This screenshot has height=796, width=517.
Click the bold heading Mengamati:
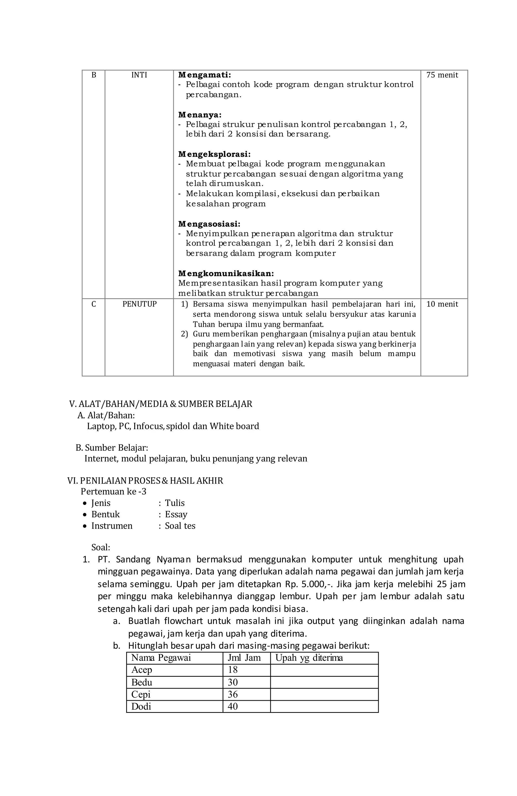[x=204, y=75]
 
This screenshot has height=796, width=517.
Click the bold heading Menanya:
[x=199, y=115]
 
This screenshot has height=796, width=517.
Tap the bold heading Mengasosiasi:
[x=209, y=224]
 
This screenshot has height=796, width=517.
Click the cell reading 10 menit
[x=442, y=304]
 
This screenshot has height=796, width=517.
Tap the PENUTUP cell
[x=139, y=304]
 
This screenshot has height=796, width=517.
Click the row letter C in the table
[x=94, y=304]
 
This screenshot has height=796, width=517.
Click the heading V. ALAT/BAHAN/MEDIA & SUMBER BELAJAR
[x=160, y=404]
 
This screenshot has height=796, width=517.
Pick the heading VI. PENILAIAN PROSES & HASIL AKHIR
[x=145, y=481]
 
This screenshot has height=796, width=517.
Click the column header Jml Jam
[x=244, y=658]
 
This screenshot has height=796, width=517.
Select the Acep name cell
[x=142, y=670]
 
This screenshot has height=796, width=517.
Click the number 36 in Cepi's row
[x=232, y=694]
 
